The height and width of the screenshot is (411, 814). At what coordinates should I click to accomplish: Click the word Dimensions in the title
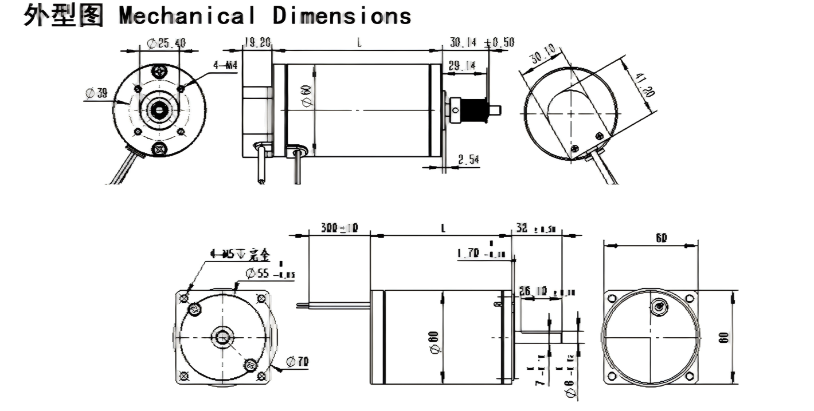click(x=342, y=15)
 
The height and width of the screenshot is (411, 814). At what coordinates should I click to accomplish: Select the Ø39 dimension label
click(x=96, y=93)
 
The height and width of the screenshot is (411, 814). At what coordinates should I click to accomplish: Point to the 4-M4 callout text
click(x=225, y=65)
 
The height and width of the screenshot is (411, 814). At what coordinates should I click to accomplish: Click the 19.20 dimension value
click(x=257, y=42)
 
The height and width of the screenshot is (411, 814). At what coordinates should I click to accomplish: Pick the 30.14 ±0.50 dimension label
click(x=482, y=42)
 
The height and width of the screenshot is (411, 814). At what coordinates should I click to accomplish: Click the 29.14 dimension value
click(x=462, y=66)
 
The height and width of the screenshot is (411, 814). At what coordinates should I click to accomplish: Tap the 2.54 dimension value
click(x=469, y=160)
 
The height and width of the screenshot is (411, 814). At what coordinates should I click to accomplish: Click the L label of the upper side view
click(x=359, y=43)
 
